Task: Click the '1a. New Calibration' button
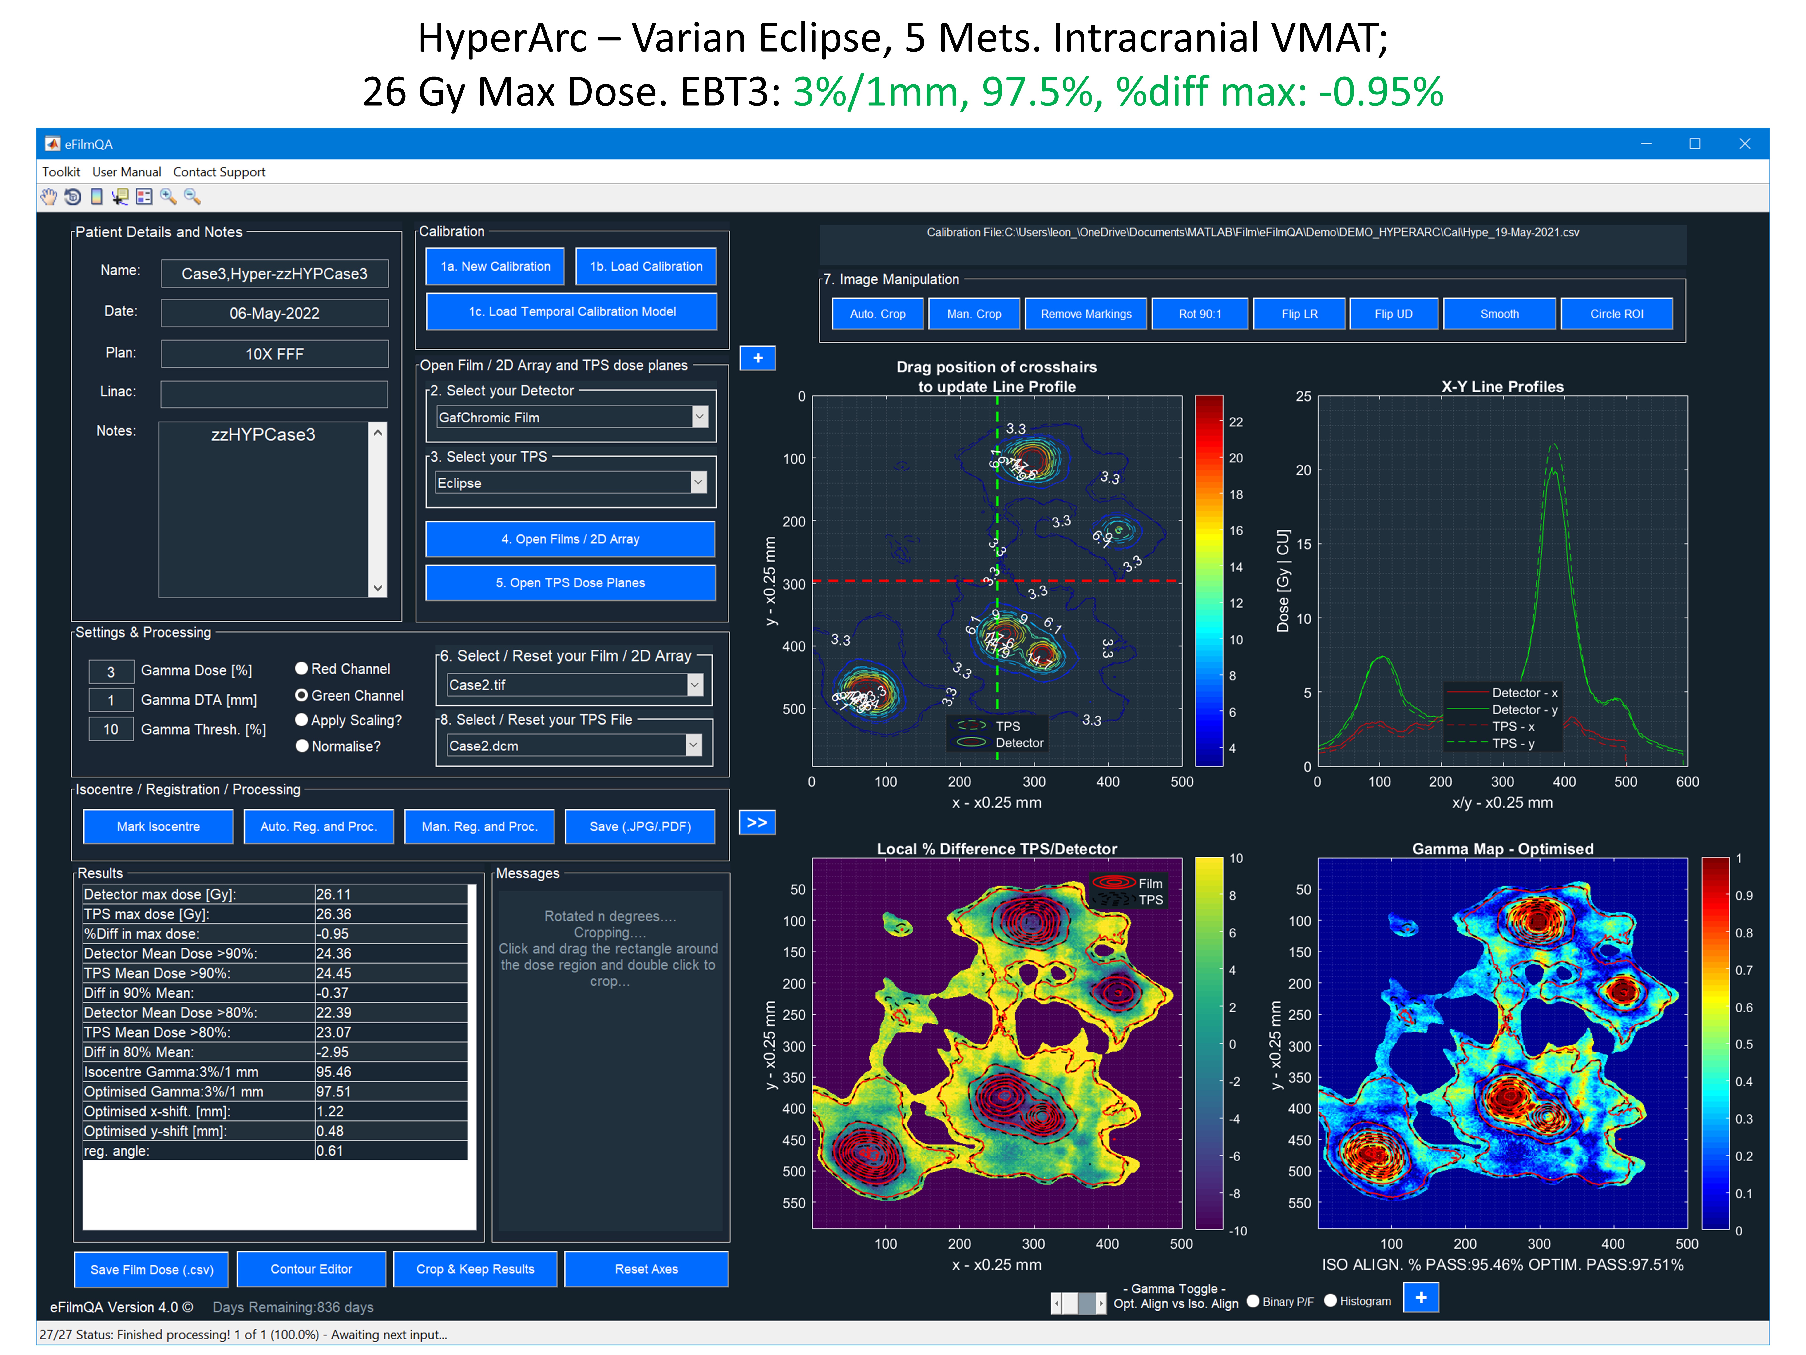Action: pyautogui.click(x=495, y=266)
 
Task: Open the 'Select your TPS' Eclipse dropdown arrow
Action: pyautogui.click(x=698, y=483)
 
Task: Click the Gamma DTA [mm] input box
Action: pyautogui.click(x=111, y=700)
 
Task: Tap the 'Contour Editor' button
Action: pyautogui.click(x=311, y=1268)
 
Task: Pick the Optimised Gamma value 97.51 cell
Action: pyautogui.click(x=390, y=1091)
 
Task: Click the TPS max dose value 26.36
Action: pyautogui.click(x=390, y=914)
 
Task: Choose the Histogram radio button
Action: pyautogui.click(x=1330, y=1300)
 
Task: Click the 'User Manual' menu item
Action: pyautogui.click(x=127, y=171)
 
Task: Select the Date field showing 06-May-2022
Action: pyautogui.click(x=274, y=313)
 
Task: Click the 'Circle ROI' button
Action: pyautogui.click(x=1616, y=314)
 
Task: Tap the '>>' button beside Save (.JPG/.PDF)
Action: pyautogui.click(x=757, y=822)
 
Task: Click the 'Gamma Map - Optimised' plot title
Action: pyautogui.click(x=1502, y=849)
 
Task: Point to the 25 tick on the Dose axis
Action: pyautogui.click(x=1303, y=396)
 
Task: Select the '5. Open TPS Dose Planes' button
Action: pyautogui.click(x=570, y=582)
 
